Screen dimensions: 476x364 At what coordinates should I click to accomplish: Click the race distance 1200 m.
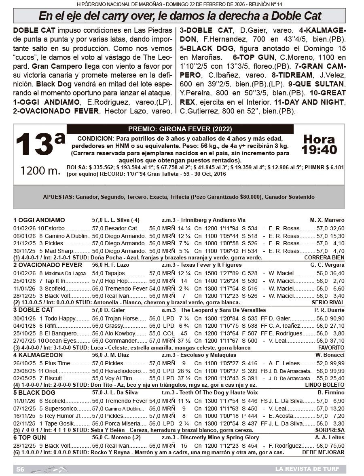[x=40, y=171]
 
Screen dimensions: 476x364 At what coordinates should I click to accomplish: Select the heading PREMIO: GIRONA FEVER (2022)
[x=180, y=129]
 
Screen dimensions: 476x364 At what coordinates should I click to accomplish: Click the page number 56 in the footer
[x=20, y=469]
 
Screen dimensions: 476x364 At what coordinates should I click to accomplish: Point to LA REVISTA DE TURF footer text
[x=306, y=469]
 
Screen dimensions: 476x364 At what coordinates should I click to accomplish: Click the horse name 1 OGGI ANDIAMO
[x=39, y=220]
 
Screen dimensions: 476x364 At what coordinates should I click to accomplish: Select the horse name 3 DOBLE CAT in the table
[x=33, y=310]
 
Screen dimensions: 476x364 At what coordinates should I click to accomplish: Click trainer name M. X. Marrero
[x=327, y=220]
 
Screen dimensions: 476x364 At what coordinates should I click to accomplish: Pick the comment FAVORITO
[x=331, y=348]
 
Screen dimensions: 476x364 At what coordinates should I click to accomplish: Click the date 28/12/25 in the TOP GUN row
[x=24, y=445]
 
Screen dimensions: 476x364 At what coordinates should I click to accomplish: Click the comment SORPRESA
[x=331, y=430]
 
